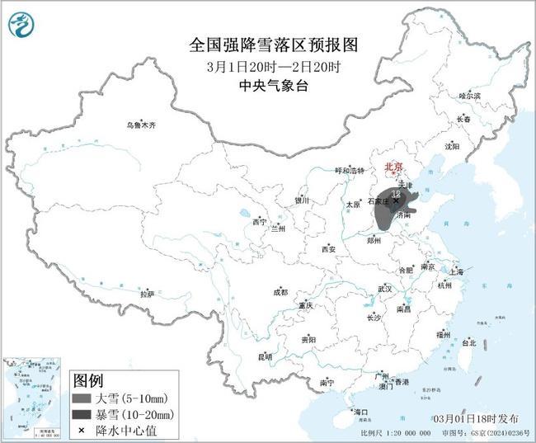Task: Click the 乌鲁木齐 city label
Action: pos(140,125)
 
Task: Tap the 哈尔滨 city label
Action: pos(469,96)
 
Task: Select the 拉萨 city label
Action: pos(148,293)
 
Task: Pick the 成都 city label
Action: pos(280,291)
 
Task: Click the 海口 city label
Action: pos(360,411)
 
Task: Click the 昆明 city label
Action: pos(265,356)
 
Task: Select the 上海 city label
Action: pos(456,270)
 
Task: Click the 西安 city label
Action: pos(330,248)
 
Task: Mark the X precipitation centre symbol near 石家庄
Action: pos(396,200)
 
